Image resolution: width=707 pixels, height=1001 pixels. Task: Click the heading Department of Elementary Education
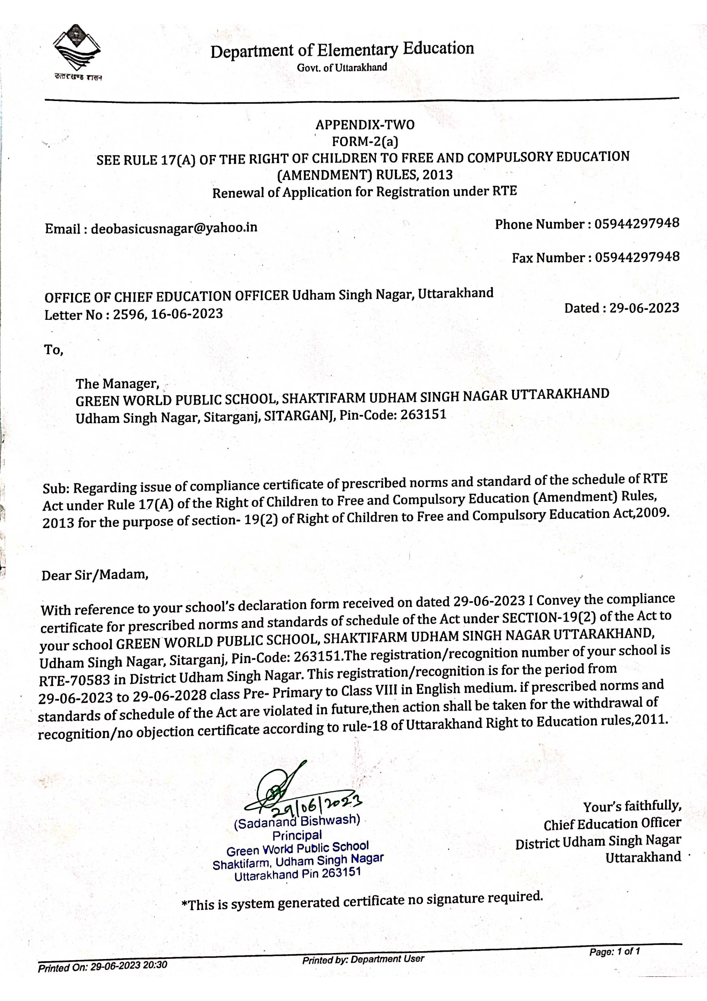point(342,50)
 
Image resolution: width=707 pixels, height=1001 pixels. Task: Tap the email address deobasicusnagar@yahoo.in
point(174,228)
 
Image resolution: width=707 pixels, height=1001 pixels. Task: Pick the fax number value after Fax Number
point(637,257)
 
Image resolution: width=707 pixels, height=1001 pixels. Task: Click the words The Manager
point(117,384)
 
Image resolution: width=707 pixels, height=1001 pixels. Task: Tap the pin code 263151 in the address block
point(424,414)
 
